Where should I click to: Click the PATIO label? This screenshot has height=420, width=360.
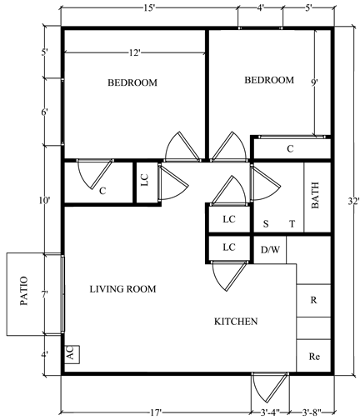24,291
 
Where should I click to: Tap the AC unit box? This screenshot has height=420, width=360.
72,354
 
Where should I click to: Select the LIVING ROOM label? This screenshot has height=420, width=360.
122,289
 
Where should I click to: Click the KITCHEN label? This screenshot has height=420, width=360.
236,322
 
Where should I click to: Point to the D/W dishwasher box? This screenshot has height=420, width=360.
270,250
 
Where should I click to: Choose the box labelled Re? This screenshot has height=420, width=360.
314,356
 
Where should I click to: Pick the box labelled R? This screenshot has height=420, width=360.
314,300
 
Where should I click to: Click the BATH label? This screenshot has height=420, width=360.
315,195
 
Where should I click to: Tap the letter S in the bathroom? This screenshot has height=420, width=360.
266,224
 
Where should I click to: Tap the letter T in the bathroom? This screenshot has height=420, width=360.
292,224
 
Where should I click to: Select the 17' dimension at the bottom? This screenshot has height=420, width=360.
156,412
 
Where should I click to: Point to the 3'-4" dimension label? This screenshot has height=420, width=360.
270,412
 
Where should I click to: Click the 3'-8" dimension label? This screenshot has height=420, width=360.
312,412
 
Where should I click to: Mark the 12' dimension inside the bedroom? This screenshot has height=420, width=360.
134,52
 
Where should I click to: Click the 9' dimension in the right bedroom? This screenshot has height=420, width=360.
314,82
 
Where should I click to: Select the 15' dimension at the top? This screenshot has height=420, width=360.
149,8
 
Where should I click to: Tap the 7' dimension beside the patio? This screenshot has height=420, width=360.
45,294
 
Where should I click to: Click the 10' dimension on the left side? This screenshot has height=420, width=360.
44,200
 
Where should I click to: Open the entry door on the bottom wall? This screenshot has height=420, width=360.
270,387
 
